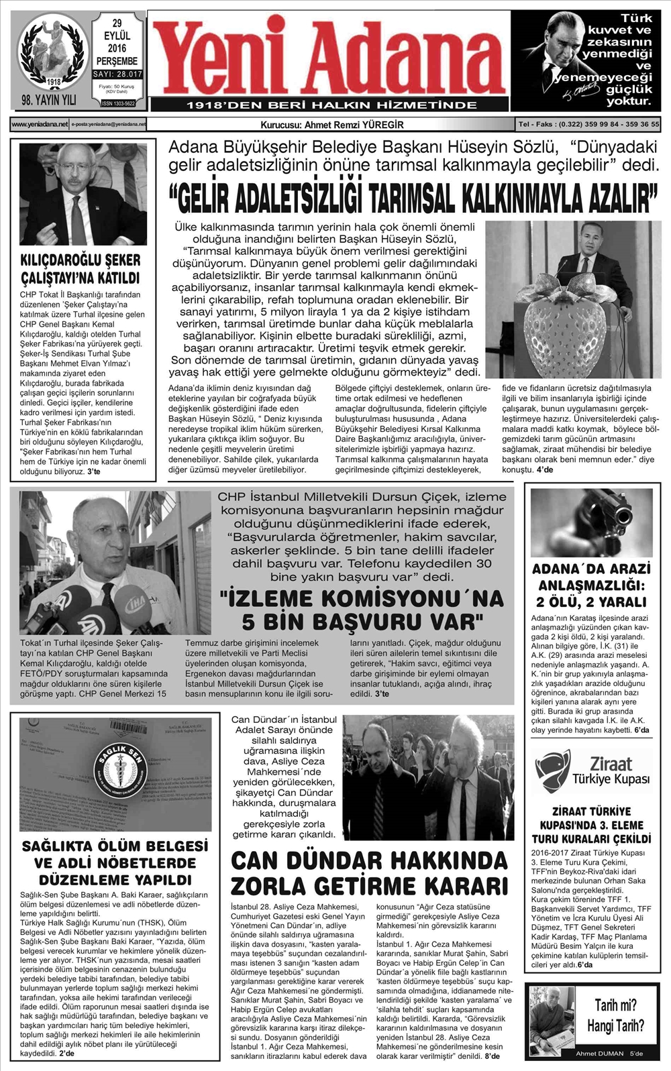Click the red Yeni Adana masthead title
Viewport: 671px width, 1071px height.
click(x=329, y=57)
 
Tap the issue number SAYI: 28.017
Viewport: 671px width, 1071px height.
click(x=117, y=74)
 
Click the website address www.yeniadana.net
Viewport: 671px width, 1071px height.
click(x=40, y=124)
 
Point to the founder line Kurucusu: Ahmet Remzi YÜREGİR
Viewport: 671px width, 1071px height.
click(x=332, y=125)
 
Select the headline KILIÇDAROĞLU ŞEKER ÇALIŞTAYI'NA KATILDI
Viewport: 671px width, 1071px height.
click(x=81, y=269)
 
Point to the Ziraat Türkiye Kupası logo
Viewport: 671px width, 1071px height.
click(x=592, y=771)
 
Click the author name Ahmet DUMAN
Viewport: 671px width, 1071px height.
click(x=599, y=1054)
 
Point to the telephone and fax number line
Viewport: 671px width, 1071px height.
click(x=588, y=124)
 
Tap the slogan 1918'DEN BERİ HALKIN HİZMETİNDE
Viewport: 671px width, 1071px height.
click(x=331, y=105)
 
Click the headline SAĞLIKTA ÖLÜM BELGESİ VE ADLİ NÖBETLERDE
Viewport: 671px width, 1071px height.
click(x=115, y=862)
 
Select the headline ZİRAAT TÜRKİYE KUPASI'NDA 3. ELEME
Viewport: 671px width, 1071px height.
click(x=591, y=825)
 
